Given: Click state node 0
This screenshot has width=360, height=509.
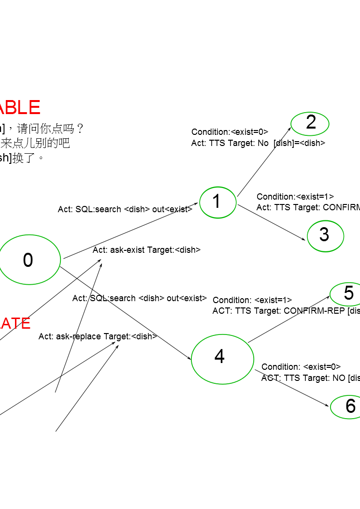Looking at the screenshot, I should (29, 260).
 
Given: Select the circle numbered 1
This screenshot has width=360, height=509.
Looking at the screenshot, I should (217, 202).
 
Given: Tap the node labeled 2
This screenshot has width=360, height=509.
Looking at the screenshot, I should (310, 123).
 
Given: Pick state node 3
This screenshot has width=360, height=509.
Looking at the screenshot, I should (325, 235).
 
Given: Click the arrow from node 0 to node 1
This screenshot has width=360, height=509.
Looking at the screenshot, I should (130, 231).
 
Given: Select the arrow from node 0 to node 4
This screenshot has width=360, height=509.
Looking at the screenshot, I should (126, 312).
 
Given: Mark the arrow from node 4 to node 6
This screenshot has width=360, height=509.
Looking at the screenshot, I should (292, 388).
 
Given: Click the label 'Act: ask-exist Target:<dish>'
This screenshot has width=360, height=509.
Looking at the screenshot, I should (146, 250).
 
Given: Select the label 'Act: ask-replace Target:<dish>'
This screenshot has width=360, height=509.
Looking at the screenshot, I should (98, 336).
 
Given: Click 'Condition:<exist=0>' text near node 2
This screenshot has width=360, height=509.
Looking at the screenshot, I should (230, 132).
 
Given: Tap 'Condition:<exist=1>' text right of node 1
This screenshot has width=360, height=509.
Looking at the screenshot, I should (295, 197).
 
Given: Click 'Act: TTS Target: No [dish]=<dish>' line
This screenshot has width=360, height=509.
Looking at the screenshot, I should (258, 143).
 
